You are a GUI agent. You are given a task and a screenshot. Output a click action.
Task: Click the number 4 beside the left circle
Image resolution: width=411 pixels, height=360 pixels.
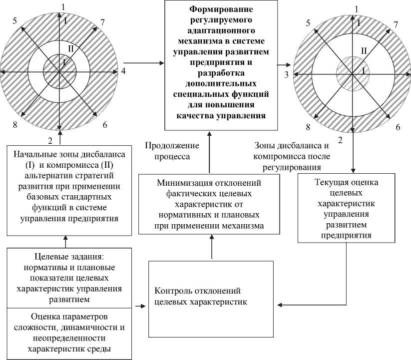(x=123, y=70)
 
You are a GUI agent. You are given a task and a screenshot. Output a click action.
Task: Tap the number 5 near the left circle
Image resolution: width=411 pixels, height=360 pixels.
(x=15, y=21)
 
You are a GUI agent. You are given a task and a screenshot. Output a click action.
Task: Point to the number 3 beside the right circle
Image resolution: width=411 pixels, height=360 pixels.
(x=286, y=74)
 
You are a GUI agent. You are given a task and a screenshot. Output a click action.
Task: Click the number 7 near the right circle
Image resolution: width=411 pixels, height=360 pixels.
(x=396, y=24)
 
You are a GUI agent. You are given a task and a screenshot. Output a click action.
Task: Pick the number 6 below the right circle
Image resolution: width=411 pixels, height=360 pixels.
(x=398, y=127)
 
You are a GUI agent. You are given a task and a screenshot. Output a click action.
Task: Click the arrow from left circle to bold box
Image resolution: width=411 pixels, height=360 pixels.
(x=145, y=63)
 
